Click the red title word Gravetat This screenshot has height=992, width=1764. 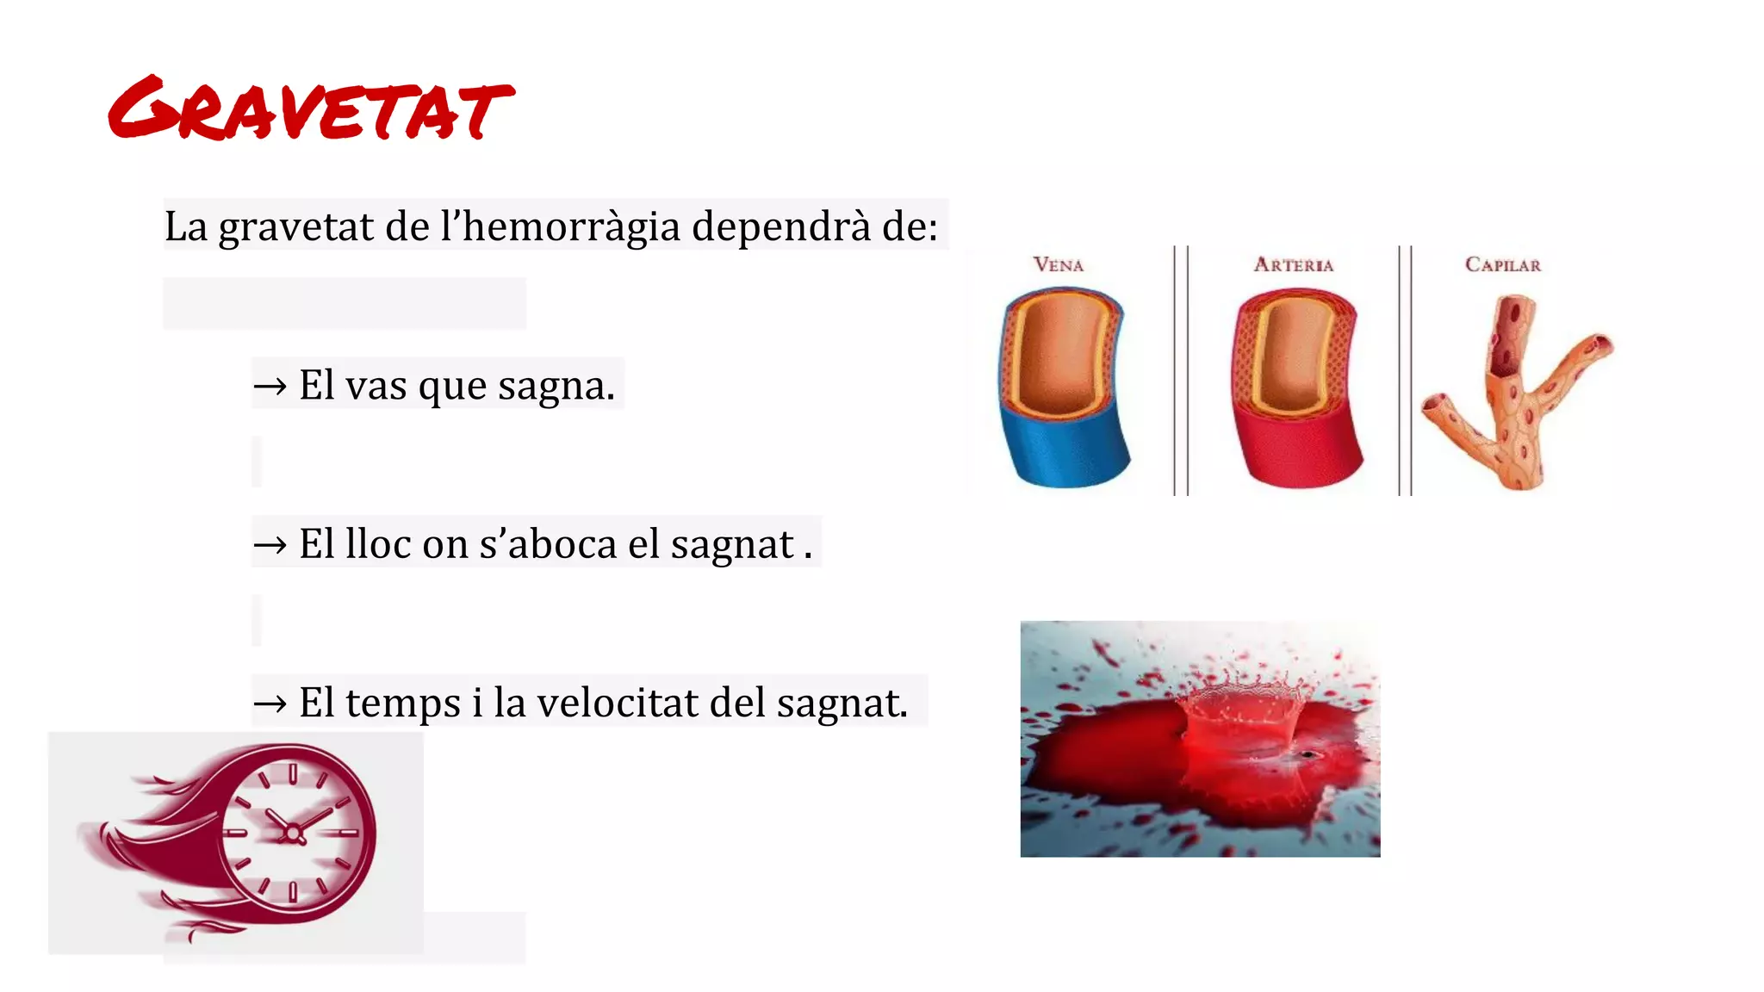(x=310, y=109)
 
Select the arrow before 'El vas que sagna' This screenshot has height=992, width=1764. (x=270, y=386)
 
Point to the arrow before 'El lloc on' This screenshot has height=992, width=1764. (x=270, y=544)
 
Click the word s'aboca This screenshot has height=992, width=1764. (x=548, y=544)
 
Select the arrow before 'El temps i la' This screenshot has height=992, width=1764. (x=270, y=704)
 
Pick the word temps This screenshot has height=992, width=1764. (x=403, y=704)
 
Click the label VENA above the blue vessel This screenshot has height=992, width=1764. (x=1059, y=265)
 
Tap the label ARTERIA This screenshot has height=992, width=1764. (x=1293, y=265)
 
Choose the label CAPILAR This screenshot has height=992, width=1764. (x=1503, y=265)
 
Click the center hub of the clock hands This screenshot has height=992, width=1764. (x=293, y=833)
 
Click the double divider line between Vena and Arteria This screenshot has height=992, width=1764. (x=1181, y=370)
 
